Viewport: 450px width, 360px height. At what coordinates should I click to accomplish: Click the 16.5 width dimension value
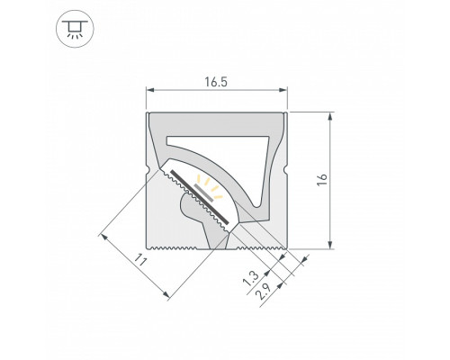pyautogui.click(x=216, y=80)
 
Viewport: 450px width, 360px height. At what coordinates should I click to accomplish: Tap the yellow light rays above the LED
pyautogui.click(x=213, y=189)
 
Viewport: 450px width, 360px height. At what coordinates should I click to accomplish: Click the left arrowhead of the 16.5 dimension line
pyautogui.click(x=151, y=90)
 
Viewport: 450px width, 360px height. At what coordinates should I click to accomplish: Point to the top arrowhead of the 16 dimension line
pyautogui.click(x=333, y=115)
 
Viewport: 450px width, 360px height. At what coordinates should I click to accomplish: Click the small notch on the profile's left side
pyautogui.click(x=148, y=169)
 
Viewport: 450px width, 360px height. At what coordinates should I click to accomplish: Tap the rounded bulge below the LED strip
pyautogui.click(x=191, y=212)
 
